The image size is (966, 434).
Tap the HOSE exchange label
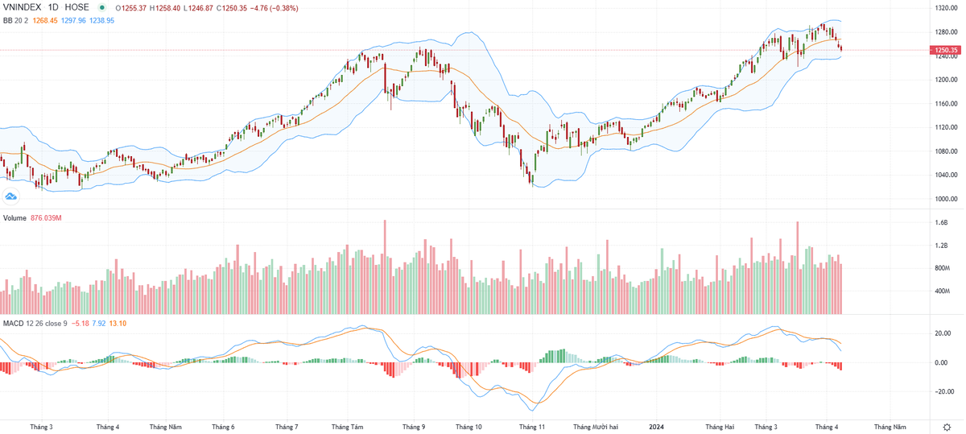pyautogui.click(x=77, y=8)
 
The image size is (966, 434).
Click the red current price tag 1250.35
pyautogui.click(x=945, y=51)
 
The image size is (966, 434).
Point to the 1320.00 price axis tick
pyautogui.click(x=945, y=8)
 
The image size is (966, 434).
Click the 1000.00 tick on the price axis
pyautogui.click(x=945, y=199)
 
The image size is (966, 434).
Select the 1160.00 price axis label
pyautogui.click(x=945, y=104)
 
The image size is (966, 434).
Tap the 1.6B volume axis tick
pyautogui.click(x=942, y=222)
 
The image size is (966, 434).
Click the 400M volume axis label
pyautogui.click(x=943, y=291)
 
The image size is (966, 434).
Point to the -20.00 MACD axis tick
pyautogui.click(x=943, y=392)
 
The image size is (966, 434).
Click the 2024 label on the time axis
pyautogui.click(x=657, y=426)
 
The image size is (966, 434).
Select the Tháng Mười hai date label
pyautogui.click(x=596, y=426)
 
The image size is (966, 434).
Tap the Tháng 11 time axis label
pyautogui.click(x=532, y=426)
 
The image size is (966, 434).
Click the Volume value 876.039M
pyautogui.click(x=47, y=218)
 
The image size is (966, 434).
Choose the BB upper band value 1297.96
pyautogui.click(x=72, y=20)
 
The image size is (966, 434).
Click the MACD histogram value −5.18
pyautogui.click(x=80, y=324)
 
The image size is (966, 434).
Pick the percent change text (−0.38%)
pyautogui.click(x=281, y=8)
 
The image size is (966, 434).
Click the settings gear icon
pyautogui.click(x=946, y=426)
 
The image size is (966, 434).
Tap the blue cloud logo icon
pyautogui.click(x=11, y=196)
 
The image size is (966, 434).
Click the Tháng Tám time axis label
pyautogui.click(x=347, y=426)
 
